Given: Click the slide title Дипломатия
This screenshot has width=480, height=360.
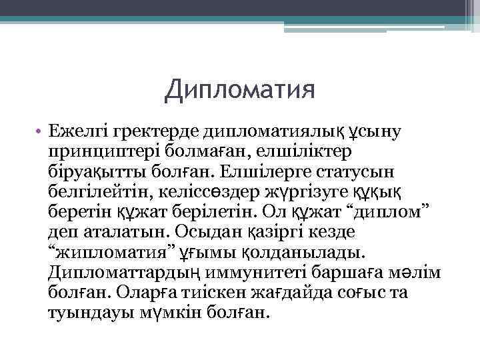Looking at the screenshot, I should point(240,89).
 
